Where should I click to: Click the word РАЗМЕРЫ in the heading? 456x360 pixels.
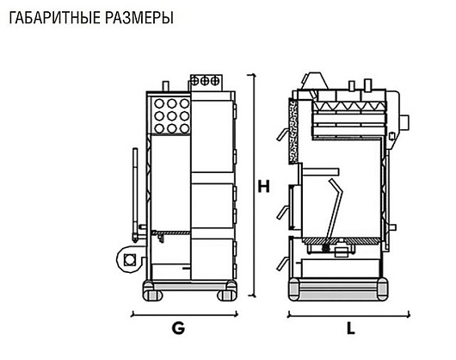139,18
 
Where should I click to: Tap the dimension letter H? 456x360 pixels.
264,187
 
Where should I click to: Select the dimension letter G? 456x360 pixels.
178,328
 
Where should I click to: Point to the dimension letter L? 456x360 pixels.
351,329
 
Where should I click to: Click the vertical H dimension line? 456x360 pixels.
254,185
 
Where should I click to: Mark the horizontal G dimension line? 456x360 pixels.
185,315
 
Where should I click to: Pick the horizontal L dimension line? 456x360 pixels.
348,315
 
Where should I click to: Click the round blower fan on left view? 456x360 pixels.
130,258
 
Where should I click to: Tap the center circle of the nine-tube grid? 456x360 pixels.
171,115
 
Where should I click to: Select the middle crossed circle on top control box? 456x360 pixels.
205,81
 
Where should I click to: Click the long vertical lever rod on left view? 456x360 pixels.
135,195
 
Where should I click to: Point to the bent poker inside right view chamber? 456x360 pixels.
335,209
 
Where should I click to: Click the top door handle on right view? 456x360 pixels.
283,134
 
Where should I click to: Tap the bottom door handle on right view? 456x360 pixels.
282,264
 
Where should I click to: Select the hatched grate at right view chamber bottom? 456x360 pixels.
342,240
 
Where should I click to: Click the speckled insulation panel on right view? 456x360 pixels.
293,131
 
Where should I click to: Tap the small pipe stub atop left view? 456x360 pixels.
165,86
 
